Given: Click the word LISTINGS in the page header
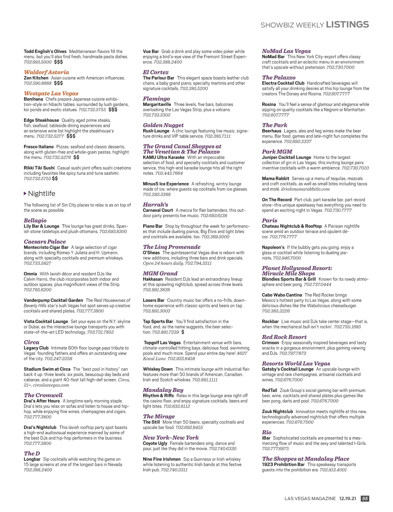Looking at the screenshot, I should [347, 25].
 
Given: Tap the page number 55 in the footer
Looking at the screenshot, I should [365, 499].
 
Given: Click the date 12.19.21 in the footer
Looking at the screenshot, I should [347, 499].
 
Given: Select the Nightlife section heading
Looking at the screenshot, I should [42, 193].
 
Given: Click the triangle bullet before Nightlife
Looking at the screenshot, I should [25, 193].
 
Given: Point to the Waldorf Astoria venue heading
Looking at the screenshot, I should [47, 72].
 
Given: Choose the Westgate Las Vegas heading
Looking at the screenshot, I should [51, 94].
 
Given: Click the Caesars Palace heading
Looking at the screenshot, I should [45, 242].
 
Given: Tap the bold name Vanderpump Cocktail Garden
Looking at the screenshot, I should [53, 300].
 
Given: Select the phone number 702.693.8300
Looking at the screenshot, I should [113, 231].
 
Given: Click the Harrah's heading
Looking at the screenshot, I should [155, 205].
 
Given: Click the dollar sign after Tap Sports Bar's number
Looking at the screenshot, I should [183, 332].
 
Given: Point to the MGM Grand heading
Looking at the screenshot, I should [160, 273].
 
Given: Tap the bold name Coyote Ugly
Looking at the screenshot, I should [155, 443].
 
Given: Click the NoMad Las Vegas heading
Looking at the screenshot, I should [286, 51].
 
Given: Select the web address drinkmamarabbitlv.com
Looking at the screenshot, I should [305, 189].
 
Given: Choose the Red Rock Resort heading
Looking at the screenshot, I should [284, 337].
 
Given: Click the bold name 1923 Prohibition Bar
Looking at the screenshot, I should [283, 465].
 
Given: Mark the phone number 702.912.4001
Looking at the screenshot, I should [333, 470].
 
